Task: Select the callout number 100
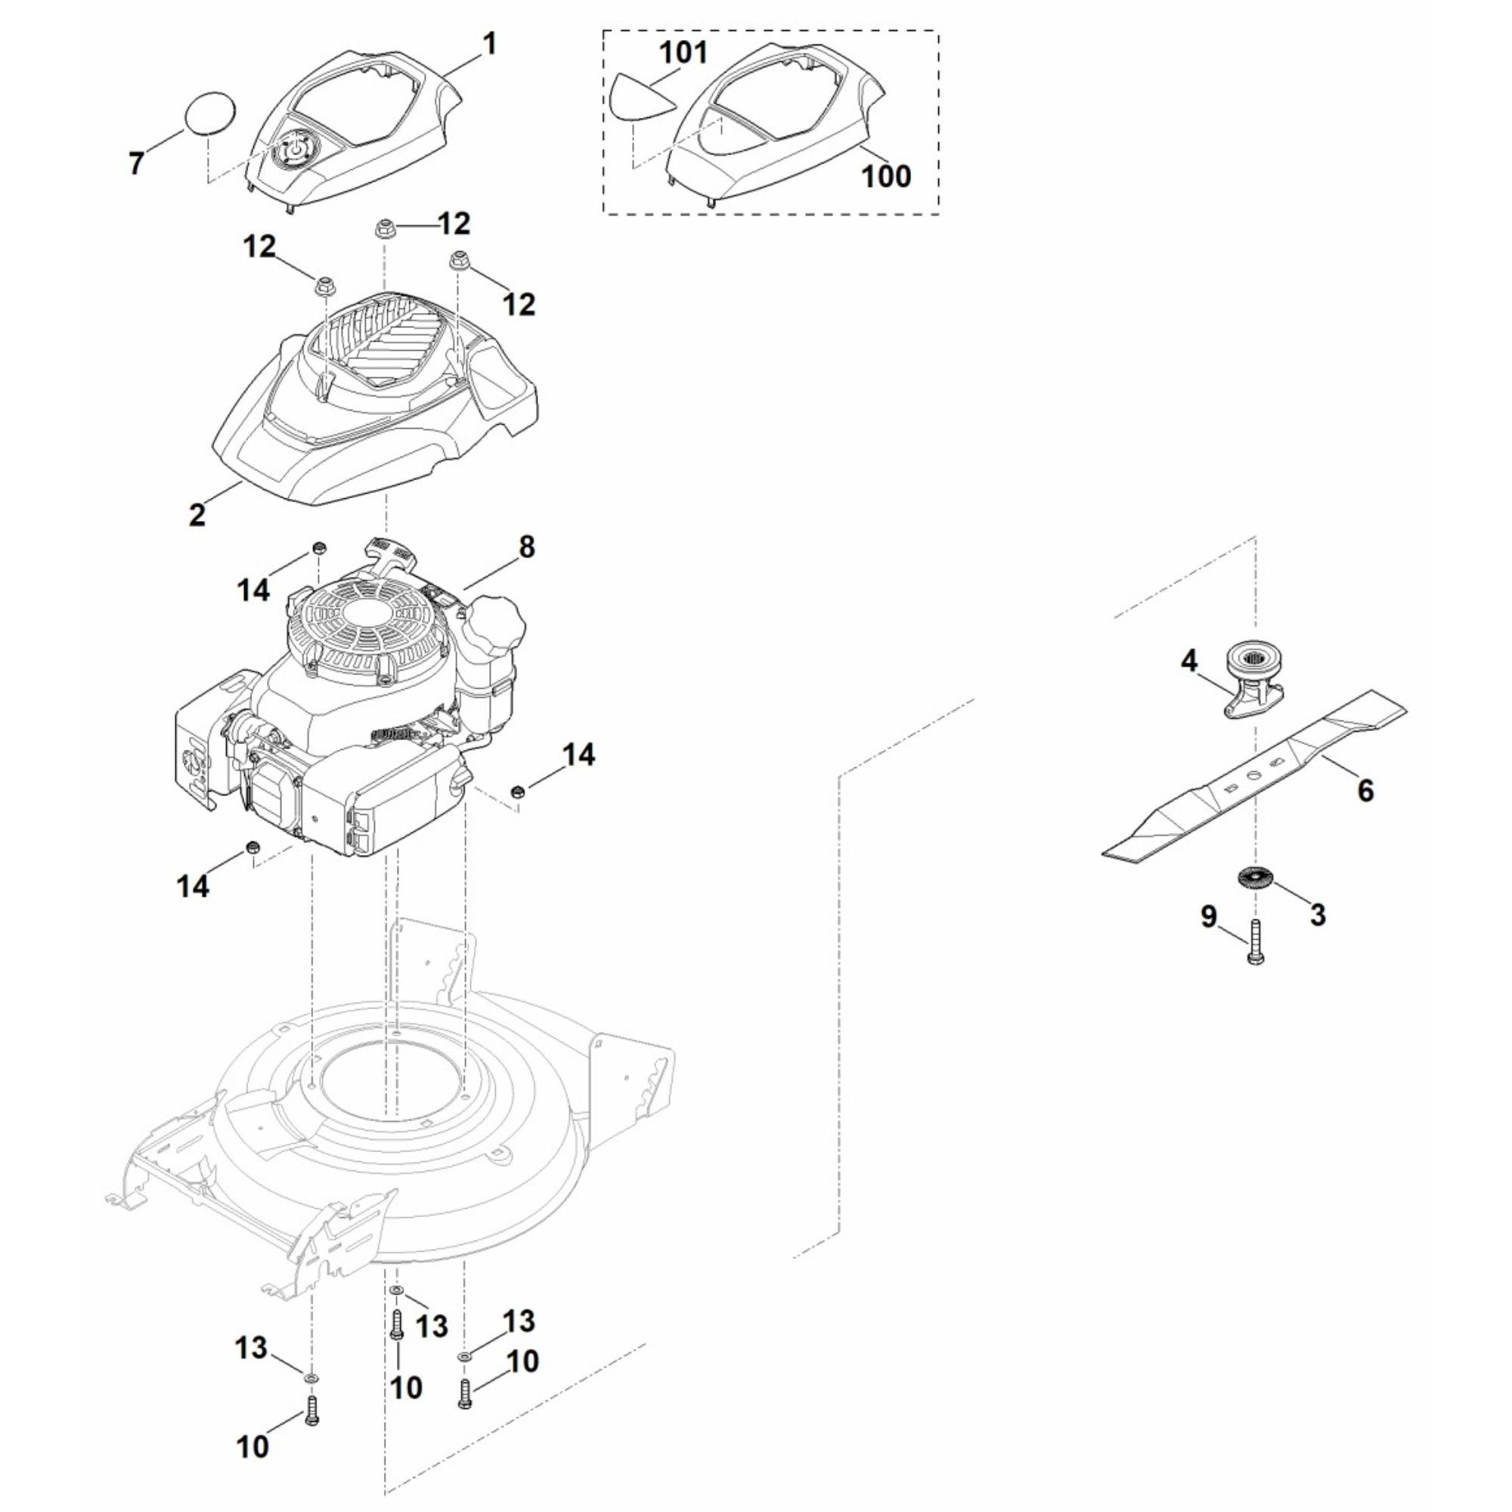click(x=886, y=175)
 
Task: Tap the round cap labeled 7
click(x=209, y=115)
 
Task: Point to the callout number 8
click(x=527, y=547)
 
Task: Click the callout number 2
click(x=197, y=514)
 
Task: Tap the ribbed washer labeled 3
click(x=1254, y=877)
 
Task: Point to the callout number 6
click(x=1365, y=791)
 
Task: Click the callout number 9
click(x=1208, y=916)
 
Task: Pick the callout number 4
click(x=1188, y=661)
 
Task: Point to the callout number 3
click(x=1318, y=914)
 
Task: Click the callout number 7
click(x=136, y=163)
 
